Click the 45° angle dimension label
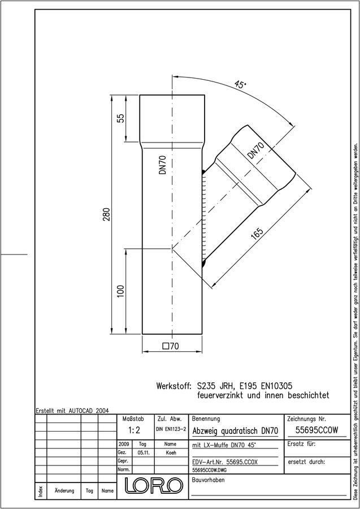tap(240, 85)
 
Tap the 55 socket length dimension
tap(120, 119)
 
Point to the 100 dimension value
tap(120, 291)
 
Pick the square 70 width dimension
tap(171, 346)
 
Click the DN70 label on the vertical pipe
tap(163, 165)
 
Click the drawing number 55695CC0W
tap(316, 430)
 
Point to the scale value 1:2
tap(134, 430)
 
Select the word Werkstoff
tap(174, 386)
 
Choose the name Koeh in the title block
tap(171, 452)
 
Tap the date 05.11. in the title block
tap(143, 452)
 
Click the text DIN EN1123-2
tap(171, 429)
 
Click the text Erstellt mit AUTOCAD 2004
tap(72, 411)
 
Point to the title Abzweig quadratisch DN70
tap(236, 431)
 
